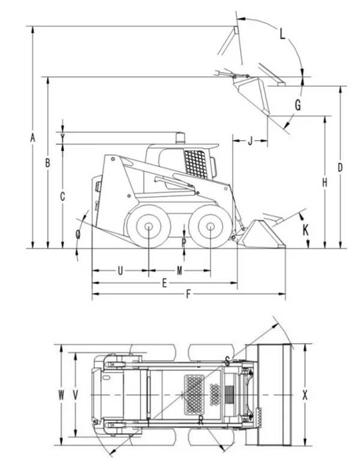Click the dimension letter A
click(32, 138)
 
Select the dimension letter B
click(47, 162)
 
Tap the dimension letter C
click(62, 196)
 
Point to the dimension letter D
click(340, 167)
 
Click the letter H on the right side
click(324, 182)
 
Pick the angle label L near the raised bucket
click(283, 34)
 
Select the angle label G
click(297, 106)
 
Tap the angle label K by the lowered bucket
click(305, 229)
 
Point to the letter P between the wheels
click(184, 242)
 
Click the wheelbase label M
click(179, 271)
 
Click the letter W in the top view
click(61, 395)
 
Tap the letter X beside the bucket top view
click(305, 395)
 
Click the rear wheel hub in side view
click(147, 227)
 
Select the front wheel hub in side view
click(210, 227)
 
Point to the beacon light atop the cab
click(179, 138)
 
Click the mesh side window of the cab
click(195, 163)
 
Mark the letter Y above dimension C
click(62, 138)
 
